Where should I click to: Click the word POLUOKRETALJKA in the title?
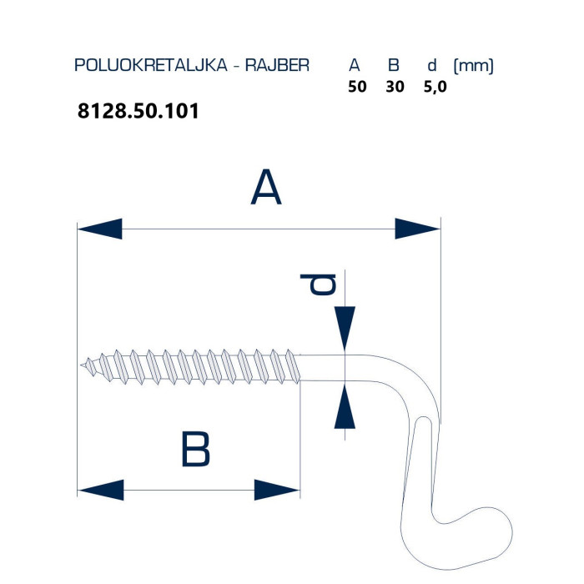151,65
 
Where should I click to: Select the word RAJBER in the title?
277,65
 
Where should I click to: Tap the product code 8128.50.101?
138,111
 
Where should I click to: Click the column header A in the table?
355,66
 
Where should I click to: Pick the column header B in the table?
393,66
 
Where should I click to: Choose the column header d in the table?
431,66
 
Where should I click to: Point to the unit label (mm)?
473,66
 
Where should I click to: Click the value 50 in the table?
357,87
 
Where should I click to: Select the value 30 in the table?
395,87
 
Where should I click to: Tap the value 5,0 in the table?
435,87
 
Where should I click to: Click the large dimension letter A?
266,187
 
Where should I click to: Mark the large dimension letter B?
195,449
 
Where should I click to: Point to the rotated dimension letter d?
319,285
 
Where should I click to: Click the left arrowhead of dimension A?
100,229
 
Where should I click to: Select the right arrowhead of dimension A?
417,229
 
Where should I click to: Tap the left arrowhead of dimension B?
101,490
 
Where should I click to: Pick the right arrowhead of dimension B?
277,490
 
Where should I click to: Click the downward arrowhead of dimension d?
345,329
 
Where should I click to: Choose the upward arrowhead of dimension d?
345,406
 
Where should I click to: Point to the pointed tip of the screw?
81,365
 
